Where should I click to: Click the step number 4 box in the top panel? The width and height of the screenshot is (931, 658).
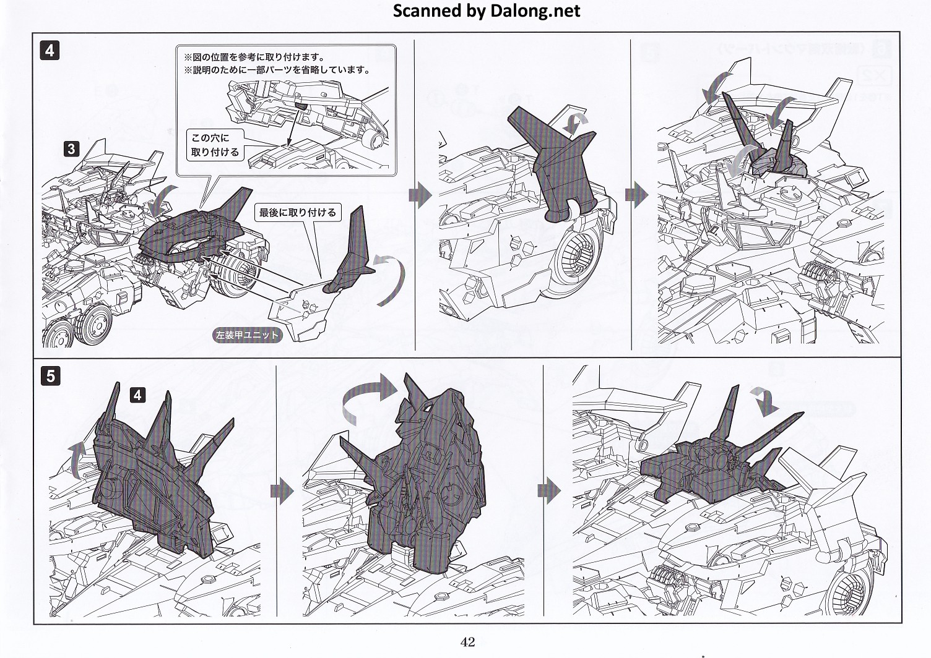[50, 51]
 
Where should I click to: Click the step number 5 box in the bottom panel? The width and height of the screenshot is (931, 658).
[50, 376]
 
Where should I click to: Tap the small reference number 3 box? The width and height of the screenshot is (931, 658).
[71, 148]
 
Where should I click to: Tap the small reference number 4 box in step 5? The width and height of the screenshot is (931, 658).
[137, 395]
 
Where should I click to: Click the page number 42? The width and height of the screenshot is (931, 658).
[467, 642]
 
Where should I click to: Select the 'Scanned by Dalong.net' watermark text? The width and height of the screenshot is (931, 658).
[487, 11]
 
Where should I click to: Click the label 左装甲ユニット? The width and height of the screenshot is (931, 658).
[248, 335]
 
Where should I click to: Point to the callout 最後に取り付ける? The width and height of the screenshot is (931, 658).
[298, 213]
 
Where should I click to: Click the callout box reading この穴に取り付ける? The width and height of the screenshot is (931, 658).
[215, 145]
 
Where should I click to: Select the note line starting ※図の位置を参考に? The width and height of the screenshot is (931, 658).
[254, 57]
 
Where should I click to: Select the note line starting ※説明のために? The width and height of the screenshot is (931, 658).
[277, 70]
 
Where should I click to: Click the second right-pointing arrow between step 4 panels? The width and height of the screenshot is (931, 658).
[636, 195]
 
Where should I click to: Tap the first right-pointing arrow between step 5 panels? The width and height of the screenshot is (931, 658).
[282, 491]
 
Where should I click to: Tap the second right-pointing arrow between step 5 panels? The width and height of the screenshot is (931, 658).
[549, 491]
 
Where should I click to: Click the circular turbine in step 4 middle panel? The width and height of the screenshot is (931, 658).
[578, 257]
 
